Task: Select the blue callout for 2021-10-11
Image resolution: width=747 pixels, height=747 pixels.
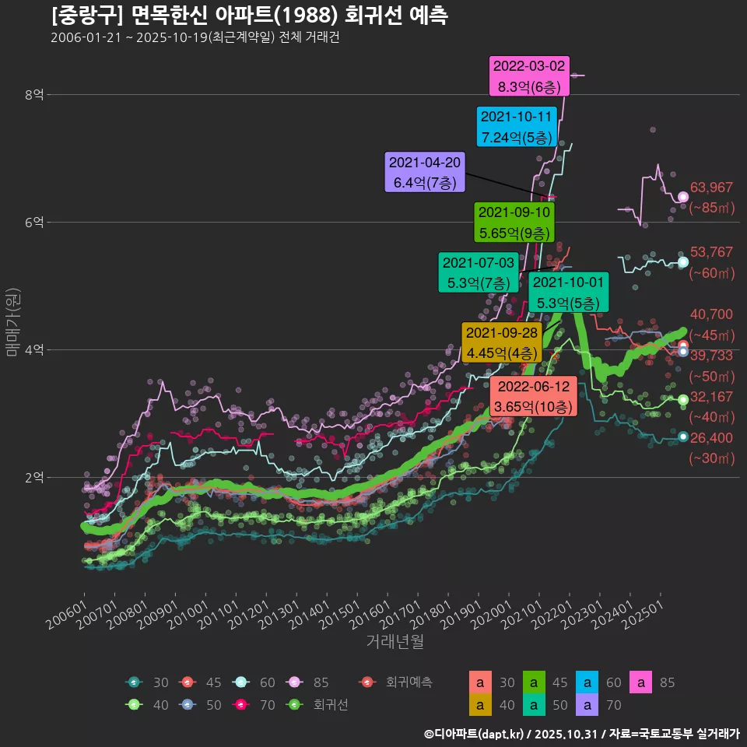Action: click(x=517, y=127)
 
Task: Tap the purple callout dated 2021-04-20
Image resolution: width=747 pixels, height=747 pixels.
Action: click(x=425, y=172)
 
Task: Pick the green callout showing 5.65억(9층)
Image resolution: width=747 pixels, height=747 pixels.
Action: click(x=514, y=222)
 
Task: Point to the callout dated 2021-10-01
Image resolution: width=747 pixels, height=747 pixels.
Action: click(x=568, y=293)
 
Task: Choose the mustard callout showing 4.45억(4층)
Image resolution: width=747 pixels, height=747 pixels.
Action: click(x=502, y=342)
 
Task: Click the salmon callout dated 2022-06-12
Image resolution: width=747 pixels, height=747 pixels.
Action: click(x=534, y=396)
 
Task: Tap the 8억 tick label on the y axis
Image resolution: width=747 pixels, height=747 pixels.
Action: click(x=34, y=95)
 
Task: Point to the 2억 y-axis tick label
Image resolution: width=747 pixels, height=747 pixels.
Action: click(x=34, y=477)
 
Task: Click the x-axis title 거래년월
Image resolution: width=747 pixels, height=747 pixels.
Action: click(x=395, y=642)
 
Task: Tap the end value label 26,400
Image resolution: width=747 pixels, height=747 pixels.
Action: click(x=711, y=438)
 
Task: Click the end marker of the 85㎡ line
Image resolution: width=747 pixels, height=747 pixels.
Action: click(x=683, y=197)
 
